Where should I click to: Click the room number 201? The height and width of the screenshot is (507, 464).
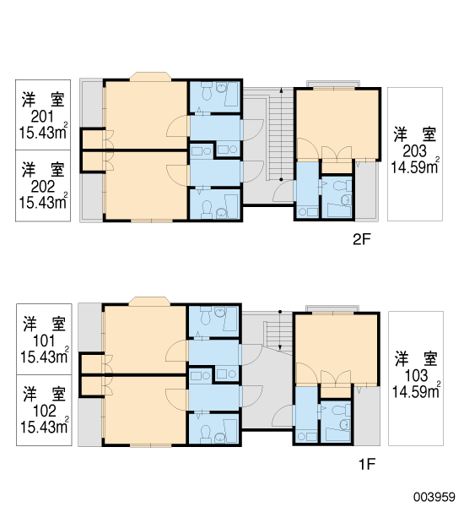click(x=42, y=117)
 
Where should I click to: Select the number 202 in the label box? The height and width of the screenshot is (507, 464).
click(x=43, y=187)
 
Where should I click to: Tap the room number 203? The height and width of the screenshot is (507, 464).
click(x=414, y=151)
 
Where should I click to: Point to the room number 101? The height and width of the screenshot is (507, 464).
click(x=44, y=341)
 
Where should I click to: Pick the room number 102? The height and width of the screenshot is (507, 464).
click(x=44, y=411)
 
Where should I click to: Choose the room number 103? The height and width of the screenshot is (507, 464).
click(x=416, y=376)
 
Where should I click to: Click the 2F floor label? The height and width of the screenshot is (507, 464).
click(x=362, y=240)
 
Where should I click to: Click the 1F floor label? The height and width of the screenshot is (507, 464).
click(x=367, y=464)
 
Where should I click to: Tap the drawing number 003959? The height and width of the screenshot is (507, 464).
click(x=434, y=497)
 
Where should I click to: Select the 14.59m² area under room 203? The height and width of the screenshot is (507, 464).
click(x=415, y=166)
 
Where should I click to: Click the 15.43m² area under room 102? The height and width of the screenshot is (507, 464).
click(x=44, y=426)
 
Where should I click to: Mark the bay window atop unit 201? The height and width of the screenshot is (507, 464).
click(x=150, y=76)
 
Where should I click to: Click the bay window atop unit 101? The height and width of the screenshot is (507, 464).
click(x=149, y=301)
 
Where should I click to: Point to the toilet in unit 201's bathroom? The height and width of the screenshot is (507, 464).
click(x=207, y=91)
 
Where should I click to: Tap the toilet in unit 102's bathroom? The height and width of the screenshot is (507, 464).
click(x=206, y=434)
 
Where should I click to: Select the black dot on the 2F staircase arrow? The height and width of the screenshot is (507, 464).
click(x=281, y=179)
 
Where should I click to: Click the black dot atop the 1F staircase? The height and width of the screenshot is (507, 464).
click(x=280, y=312)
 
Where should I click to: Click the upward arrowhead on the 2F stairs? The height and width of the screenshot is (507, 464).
click(x=281, y=90)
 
